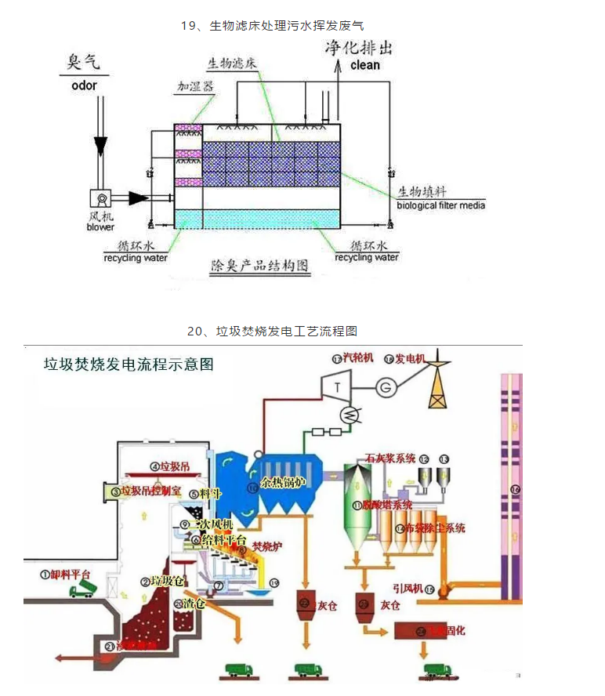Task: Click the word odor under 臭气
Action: click(x=84, y=85)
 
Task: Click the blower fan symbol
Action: click(x=100, y=198)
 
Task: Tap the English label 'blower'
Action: click(x=100, y=227)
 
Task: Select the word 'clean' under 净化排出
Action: click(x=365, y=65)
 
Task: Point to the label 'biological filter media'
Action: click(x=440, y=205)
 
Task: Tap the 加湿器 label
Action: click(x=194, y=87)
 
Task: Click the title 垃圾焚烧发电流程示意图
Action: click(x=128, y=364)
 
